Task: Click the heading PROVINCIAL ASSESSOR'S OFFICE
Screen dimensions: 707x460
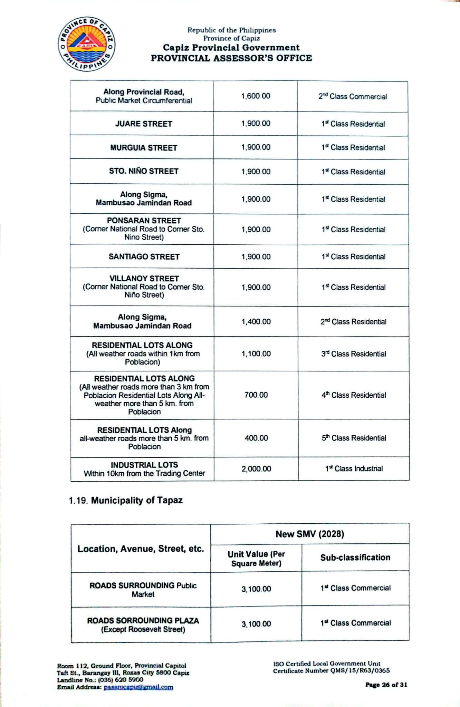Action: pyautogui.click(x=231, y=58)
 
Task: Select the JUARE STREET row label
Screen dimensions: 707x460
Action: pyautogui.click(x=144, y=124)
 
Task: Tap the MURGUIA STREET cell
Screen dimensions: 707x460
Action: pyautogui.click(x=144, y=148)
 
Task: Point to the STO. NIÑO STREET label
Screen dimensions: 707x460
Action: pyautogui.click(x=144, y=171)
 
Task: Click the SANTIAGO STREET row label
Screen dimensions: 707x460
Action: pyautogui.click(x=144, y=257)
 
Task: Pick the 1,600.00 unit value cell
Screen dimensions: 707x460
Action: pyautogui.click(x=256, y=96)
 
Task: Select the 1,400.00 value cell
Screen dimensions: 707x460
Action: pyautogui.click(x=256, y=322)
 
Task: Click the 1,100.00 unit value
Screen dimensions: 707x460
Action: pyautogui.click(x=256, y=354)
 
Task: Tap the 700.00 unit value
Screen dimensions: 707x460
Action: pyautogui.click(x=256, y=395)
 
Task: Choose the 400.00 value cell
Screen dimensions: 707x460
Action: pyautogui.click(x=256, y=438)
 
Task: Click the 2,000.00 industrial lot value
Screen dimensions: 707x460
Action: pyautogui.click(x=256, y=469)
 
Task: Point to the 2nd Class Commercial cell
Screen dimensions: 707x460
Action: pyautogui.click(x=353, y=96)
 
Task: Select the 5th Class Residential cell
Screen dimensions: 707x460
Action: pyautogui.click(x=354, y=438)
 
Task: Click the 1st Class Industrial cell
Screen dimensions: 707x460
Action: pyautogui.click(x=354, y=468)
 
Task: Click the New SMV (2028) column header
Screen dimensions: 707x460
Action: pyautogui.click(x=310, y=534)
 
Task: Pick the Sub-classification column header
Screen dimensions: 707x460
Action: pyautogui.click(x=355, y=558)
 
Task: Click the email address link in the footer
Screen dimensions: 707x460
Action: pyautogui.click(x=138, y=687)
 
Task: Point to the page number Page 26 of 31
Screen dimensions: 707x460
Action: pyautogui.click(x=386, y=685)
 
